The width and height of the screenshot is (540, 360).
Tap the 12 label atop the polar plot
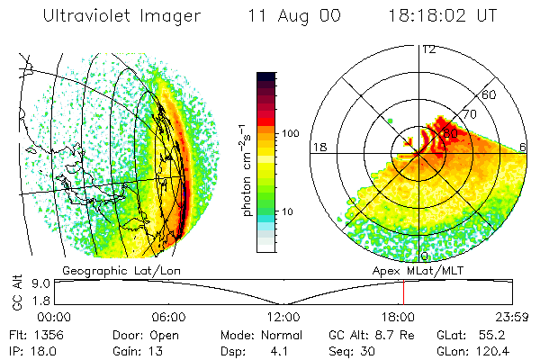pyautogui.click(x=428, y=49)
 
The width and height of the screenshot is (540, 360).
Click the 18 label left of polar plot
pyautogui.click(x=318, y=147)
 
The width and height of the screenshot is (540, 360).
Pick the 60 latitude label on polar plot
pyautogui.click(x=490, y=94)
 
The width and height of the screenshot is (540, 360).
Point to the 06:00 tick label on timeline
pyautogui.click(x=168, y=318)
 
